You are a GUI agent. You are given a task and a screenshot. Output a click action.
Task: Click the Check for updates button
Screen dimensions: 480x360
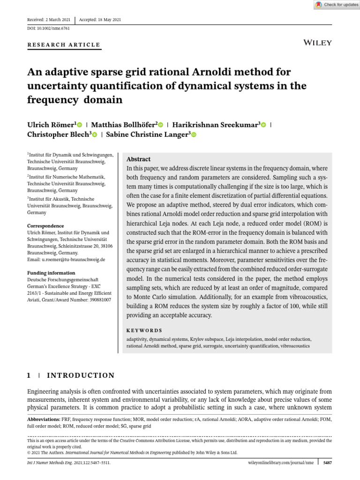tap(337, 5)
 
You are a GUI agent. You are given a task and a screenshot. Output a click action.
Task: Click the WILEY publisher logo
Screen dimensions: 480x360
tap(318, 43)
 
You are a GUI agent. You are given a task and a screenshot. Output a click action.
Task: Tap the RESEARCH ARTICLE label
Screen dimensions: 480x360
tap(64, 45)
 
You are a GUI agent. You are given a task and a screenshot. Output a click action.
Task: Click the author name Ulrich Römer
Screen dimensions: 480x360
tap(50, 125)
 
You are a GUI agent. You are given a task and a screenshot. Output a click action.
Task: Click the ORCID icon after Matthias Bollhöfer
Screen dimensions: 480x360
tap(160, 125)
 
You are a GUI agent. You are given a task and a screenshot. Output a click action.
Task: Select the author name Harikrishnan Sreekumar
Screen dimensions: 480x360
tap(215, 125)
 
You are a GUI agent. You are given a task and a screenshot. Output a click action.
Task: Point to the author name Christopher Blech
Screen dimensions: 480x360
tap(58, 135)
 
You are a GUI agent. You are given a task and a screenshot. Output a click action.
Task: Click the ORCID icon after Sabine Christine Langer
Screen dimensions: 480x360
tap(194, 135)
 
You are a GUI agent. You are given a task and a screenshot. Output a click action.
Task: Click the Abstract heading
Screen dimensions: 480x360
tap(138, 159)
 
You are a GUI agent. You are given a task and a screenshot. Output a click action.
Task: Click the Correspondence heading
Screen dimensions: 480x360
tap(45, 226)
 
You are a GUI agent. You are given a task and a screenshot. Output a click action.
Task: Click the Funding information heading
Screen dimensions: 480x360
tap(51, 273)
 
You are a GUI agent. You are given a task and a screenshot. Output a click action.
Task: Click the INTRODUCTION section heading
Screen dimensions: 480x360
tap(81, 375)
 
